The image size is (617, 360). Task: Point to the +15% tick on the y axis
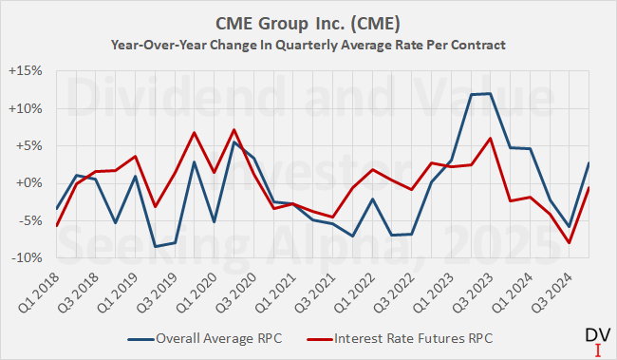34,71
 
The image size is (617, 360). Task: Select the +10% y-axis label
34,108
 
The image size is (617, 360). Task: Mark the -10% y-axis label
36,257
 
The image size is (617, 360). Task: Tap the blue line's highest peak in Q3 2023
490,93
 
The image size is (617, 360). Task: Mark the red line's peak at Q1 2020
234,130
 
